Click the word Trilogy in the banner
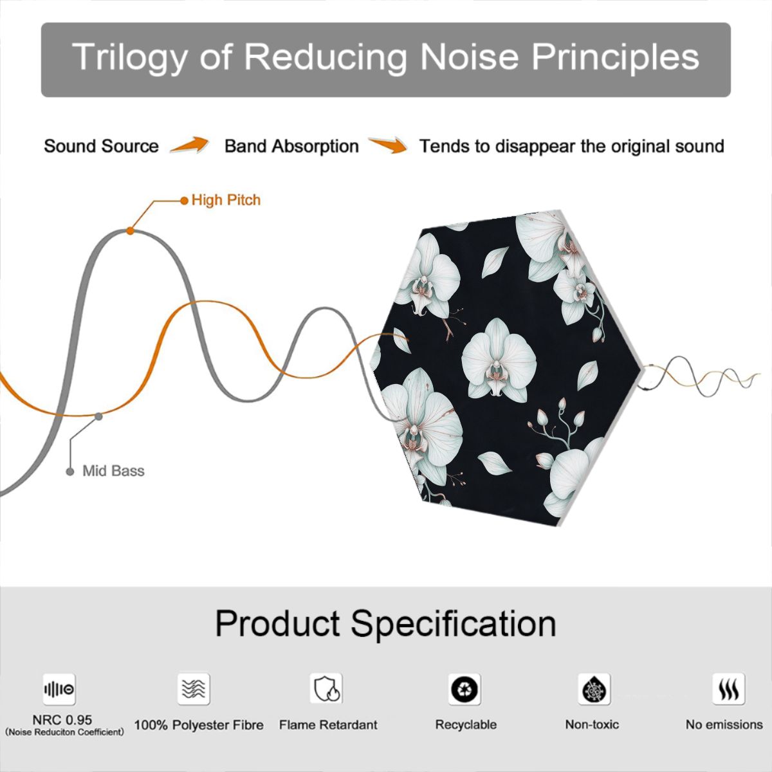pyautogui.click(x=129, y=57)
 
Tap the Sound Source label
pyautogui.click(x=102, y=146)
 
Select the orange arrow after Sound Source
pyautogui.click(x=190, y=145)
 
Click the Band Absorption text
pyautogui.click(x=291, y=146)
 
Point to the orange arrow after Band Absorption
pyautogui.click(x=387, y=145)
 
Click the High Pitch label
pyautogui.click(x=226, y=200)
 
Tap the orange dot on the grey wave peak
pyautogui.click(x=130, y=231)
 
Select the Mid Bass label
pyautogui.click(x=113, y=471)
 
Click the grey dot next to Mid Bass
pyautogui.click(x=70, y=472)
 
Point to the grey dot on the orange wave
pyautogui.click(x=98, y=417)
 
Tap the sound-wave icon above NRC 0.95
pyautogui.click(x=59, y=689)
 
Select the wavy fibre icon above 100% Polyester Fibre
pyautogui.click(x=194, y=688)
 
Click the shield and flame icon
pyautogui.click(x=326, y=688)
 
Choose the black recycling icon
pyautogui.click(x=464, y=689)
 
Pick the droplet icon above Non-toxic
pyautogui.click(x=594, y=689)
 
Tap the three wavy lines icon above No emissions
pyautogui.click(x=729, y=689)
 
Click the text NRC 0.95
pyautogui.click(x=62, y=720)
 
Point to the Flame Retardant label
pyautogui.click(x=328, y=725)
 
